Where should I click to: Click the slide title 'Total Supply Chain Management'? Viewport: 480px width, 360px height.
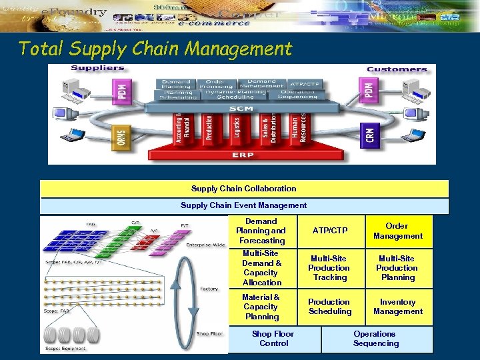[155, 49]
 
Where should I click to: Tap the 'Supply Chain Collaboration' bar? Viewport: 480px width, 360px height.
[244, 189]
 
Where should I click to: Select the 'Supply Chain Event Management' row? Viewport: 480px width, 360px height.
[244, 205]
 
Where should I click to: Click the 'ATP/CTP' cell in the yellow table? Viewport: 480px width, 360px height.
[330, 231]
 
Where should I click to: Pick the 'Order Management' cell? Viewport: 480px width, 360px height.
[398, 231]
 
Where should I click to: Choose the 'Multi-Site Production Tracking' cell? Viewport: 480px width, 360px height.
[329, 268]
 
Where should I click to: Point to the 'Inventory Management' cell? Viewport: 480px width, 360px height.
[398, 307]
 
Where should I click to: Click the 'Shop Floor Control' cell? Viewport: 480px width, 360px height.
[273, 339]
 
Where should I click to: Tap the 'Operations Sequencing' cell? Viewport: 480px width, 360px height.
[376, 339]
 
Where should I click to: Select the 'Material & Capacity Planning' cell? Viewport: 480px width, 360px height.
[261, 307]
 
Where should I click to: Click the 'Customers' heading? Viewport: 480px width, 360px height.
[397, 69]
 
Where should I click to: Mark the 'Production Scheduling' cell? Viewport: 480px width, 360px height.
[329, 307]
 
